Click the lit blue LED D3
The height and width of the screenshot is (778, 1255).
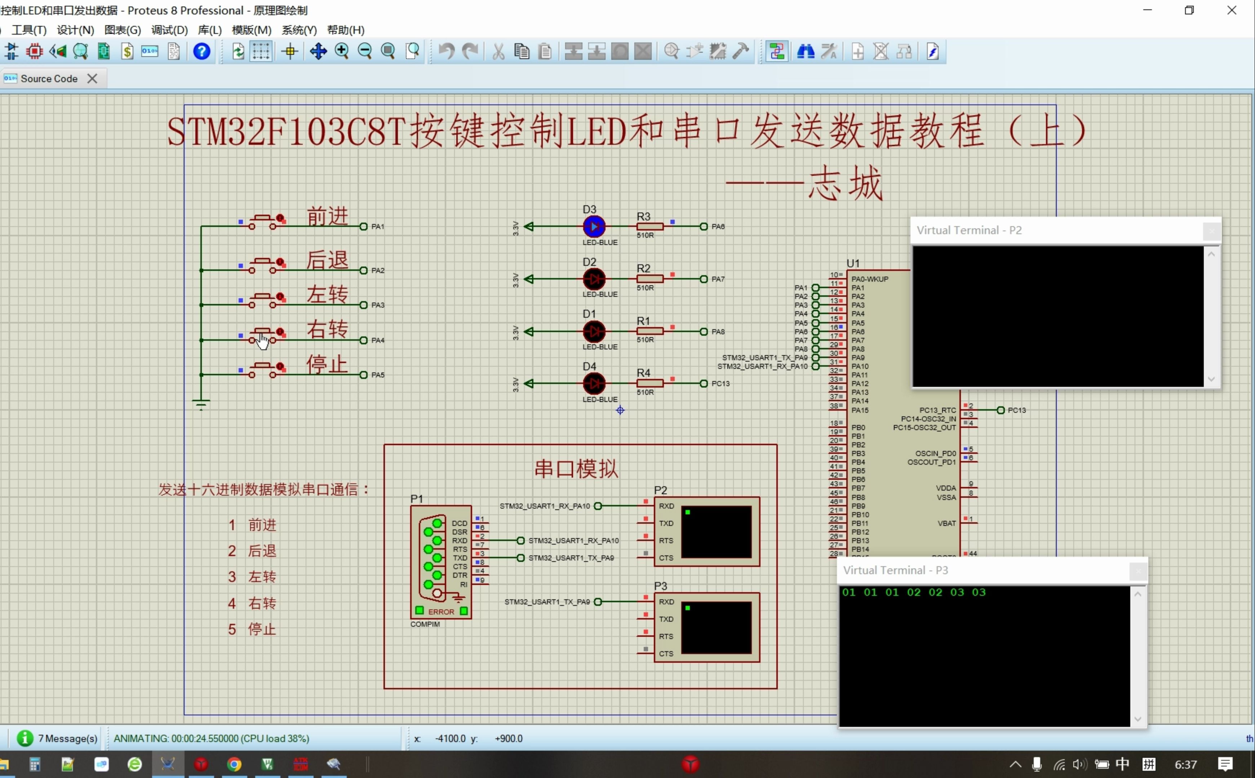594,227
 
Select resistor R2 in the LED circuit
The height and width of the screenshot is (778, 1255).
649,279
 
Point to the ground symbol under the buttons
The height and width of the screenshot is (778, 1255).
201,403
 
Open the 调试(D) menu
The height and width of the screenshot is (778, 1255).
169,30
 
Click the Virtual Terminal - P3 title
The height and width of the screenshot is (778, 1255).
895,570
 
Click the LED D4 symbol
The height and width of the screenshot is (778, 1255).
594,383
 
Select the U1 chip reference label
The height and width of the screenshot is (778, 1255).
853,263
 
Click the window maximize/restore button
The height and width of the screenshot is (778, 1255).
1189,10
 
